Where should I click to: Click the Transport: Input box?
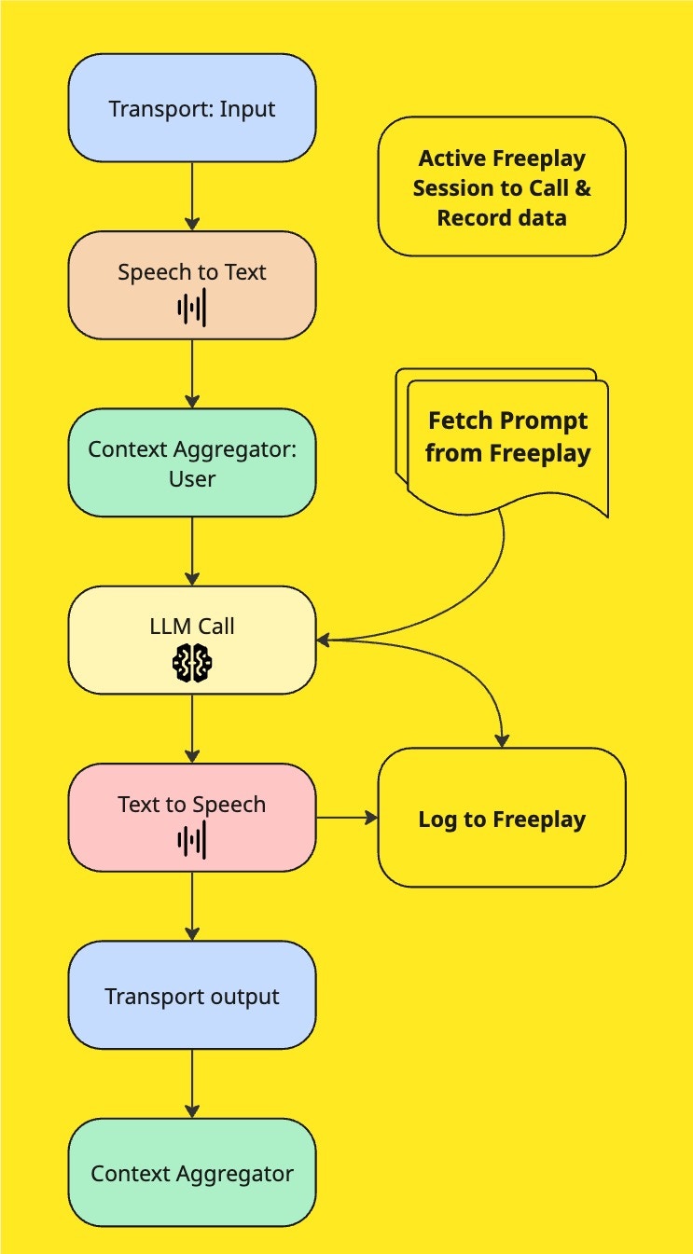pos(192,108)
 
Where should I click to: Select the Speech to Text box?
pos(192,273)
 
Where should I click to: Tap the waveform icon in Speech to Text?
pos(192,310)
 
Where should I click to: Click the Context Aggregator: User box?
pos(192,462)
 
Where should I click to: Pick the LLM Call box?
pos(192,627)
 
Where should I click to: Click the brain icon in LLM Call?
pos(192,663)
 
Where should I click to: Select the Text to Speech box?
pos(192,805)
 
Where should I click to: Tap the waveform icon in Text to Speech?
pos(192,841)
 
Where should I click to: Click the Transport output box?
pos(192,995)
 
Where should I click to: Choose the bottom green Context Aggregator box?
pos(192,1173)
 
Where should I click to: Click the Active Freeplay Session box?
pos(502,186)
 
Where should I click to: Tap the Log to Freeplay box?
pos(502,819)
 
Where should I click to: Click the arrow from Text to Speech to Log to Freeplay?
pos(347,819)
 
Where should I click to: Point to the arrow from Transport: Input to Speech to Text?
pos(192,197)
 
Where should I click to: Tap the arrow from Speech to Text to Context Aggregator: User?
pos(192,374)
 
